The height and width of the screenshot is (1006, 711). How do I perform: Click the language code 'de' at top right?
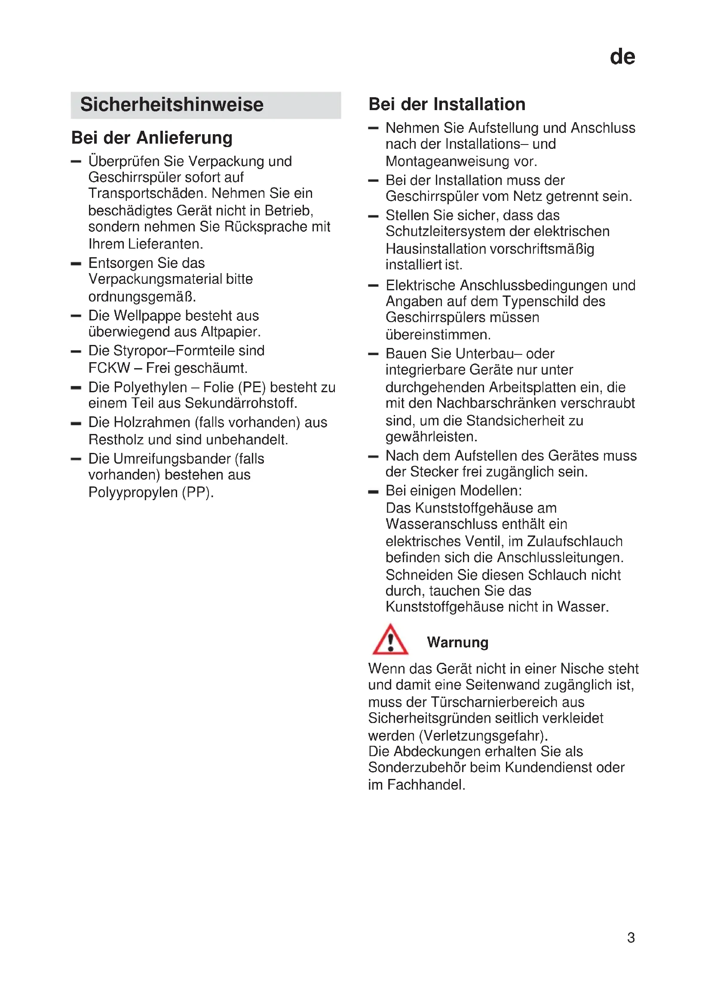pos(622,57)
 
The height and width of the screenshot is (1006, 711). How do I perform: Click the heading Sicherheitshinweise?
pos(172,105)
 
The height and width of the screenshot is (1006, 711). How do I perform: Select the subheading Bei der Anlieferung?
pos(151,138)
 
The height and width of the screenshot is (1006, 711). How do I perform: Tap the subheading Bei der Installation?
pos(447,104)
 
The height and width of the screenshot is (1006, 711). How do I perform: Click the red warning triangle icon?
pos(390,640)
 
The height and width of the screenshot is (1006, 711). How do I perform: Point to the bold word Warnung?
pos(457,642)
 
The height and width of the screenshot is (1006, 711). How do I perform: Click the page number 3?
pos(631,937)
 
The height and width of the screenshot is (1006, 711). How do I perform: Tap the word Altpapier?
pos(230,332)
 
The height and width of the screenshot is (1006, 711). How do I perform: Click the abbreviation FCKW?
pos(109,368)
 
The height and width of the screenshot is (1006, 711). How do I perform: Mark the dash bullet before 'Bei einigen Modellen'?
pos(373,492)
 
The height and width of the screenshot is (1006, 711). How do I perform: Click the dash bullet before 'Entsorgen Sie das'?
pos(76,264)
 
